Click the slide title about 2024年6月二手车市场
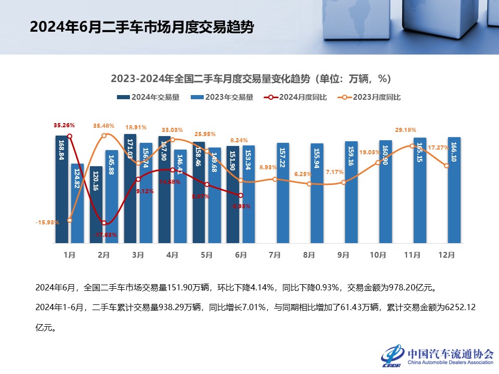click(x=142, y=27)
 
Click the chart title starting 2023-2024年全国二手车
click(x=250, y=79)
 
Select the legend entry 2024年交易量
click(x=149, y=97)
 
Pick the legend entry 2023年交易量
click(x=222, y=97)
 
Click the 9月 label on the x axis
click(x=344, y=255)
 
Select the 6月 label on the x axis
click(x=241, y=255)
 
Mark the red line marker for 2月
click(x=104, y=223)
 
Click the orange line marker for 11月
click(x=412, y=146)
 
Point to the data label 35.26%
click(x=64, y=125)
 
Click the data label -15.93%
click(x=47, y=222)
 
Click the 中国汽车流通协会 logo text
click(x=450, y=353)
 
